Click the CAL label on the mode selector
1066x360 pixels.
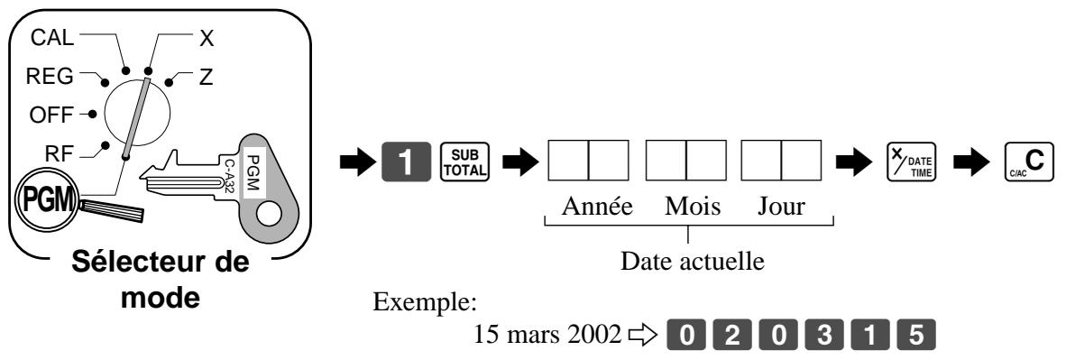pyautogui.click(x=52, y=38)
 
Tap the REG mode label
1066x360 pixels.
pyautogui.click(x=50, y=77)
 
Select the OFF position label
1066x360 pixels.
pyautogui.click(x=51, y=115)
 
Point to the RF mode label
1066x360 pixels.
pyautogui.click(x=59, y=153)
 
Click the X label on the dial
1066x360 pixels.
pyautogui.click(x=207, y=39)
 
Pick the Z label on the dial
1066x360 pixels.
pyautogui.click(x=206, y=78)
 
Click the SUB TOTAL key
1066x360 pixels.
pyautogui.click(x=464, y=162)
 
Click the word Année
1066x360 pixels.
pyautogui.click(x=597, y=207)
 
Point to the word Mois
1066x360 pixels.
pyautogui.click(x=693, y=207)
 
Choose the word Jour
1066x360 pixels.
pyautogui.click(x=782, y=207)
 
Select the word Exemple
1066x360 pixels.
pyautogui.click(x=425, y=303)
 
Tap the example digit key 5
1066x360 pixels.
pyautogui.click(x=916, y=336)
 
